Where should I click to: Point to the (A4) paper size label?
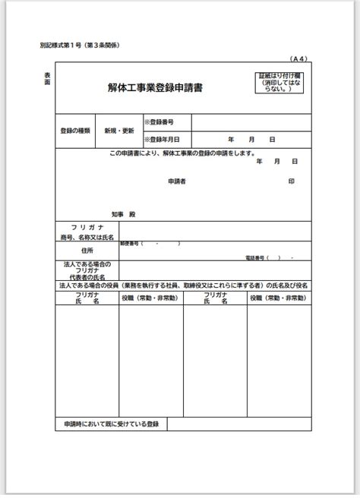(x=298, y=58)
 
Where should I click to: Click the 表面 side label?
(x=47, y=78)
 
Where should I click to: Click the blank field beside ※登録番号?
(x=251, y=122)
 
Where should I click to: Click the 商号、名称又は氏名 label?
(x=87, y=237)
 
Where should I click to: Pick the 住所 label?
(x=87, y=250)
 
